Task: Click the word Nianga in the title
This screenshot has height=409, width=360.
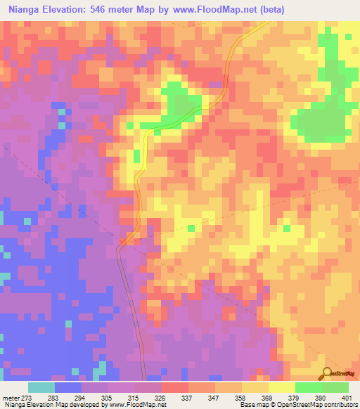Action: point(27,11)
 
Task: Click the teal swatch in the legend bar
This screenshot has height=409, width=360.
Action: point(41,387)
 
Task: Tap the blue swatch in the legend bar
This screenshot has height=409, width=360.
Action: point(68,387)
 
